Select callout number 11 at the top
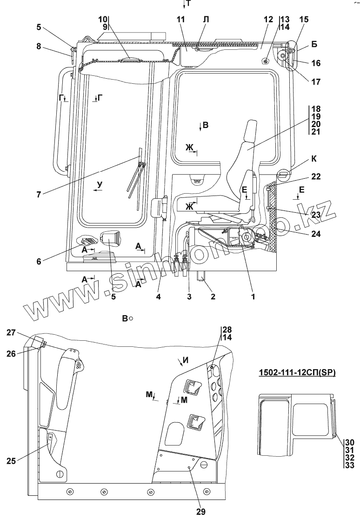[x=181, y=20]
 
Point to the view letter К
[x=313, y=159]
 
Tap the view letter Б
[x=314, y=45]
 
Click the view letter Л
[x=206, y=20]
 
